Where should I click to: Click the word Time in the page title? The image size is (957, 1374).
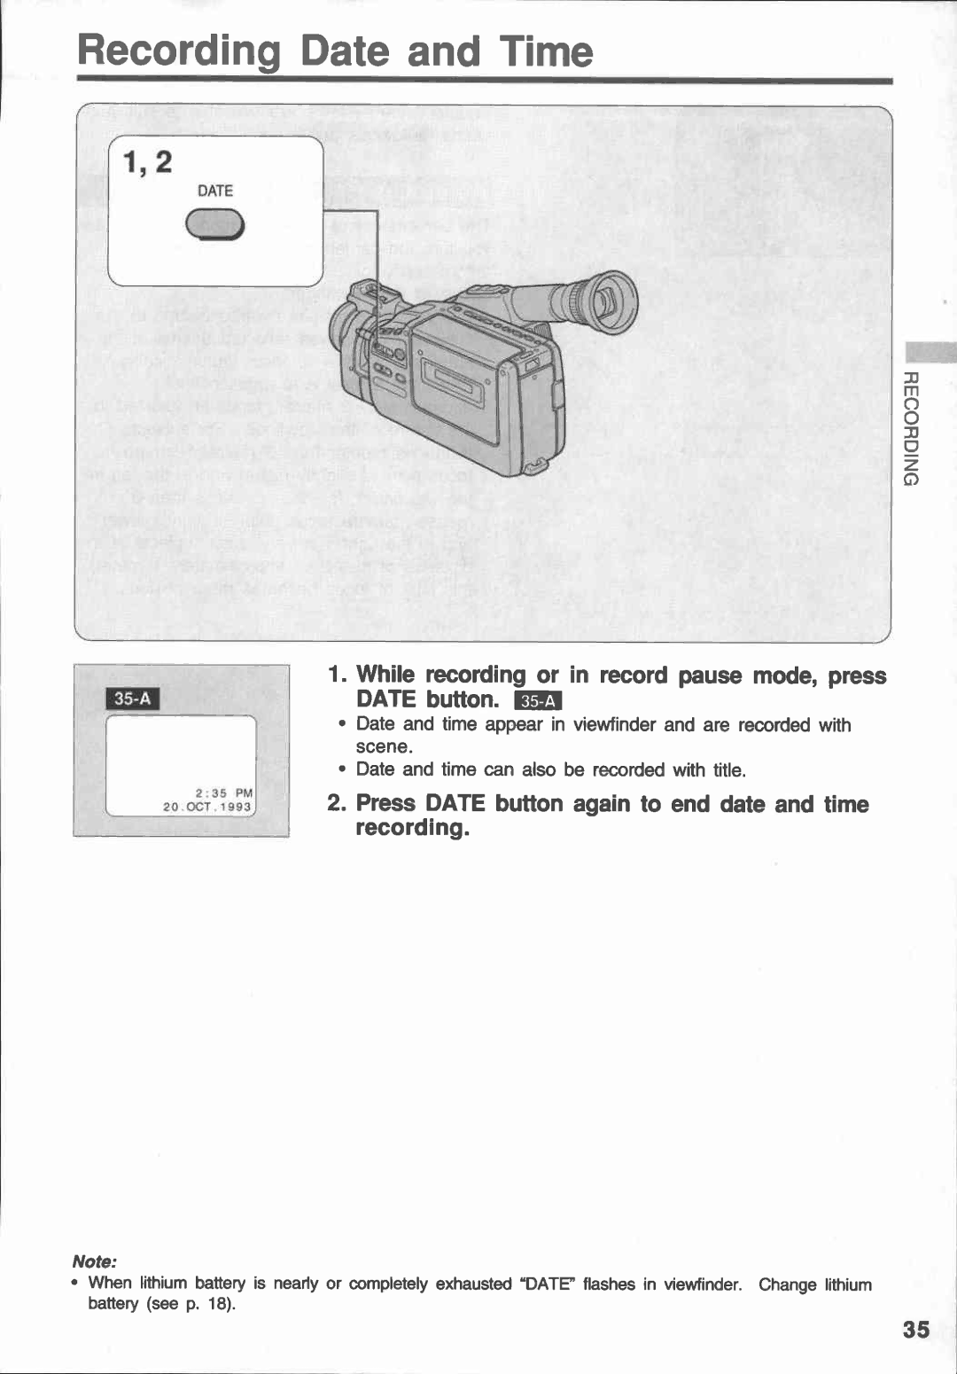(x=545, y=51)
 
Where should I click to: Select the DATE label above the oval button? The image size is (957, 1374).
(x=215, y=191)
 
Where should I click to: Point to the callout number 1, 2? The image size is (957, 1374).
(x=147, y=163)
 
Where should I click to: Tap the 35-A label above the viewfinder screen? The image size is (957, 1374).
(x=133, y=698)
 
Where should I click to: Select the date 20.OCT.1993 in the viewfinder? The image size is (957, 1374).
(x=208, y=808)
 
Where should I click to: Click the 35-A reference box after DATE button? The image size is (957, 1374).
(x=537, y=701)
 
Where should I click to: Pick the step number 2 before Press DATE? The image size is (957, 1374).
(x=336, y=803)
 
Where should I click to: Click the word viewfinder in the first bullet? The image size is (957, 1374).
(x=614, y=724)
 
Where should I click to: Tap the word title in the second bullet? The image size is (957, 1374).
(x=727, y=769)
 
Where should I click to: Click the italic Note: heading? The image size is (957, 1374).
(x=95, y=1261)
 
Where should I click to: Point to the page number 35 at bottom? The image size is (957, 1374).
(x=916, y=1329)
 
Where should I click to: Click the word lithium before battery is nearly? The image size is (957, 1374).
(x=163, y=1283)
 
